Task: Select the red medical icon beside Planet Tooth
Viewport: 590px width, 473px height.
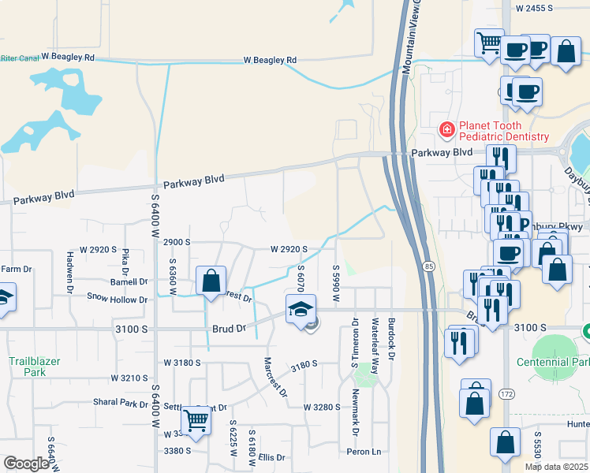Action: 446,128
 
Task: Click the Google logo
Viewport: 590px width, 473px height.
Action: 26,464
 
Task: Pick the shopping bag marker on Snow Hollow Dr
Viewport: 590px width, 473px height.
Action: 211,281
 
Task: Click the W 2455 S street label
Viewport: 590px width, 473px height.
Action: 540,8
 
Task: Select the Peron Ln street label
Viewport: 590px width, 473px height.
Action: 364,452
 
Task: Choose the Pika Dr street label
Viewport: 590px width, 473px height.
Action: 125,258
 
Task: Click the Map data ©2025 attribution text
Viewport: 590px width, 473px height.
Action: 556,467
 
